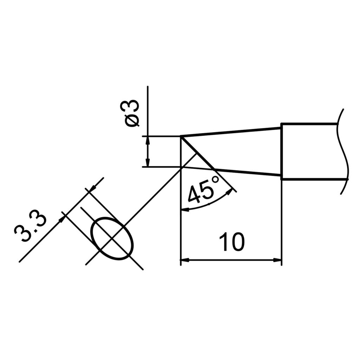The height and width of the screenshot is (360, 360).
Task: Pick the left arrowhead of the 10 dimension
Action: (184, 261)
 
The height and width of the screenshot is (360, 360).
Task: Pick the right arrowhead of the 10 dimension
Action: (278, 261)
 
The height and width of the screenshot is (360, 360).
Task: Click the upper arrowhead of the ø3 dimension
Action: (148, 139)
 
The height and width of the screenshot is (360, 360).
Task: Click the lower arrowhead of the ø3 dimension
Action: (148, 163)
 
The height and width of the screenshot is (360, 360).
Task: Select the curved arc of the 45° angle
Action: (207, 205)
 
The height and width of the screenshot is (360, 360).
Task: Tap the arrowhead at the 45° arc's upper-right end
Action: (230, 192)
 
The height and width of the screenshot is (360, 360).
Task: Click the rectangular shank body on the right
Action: (309, 151)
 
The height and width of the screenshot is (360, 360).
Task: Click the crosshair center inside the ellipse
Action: (112, 239)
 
